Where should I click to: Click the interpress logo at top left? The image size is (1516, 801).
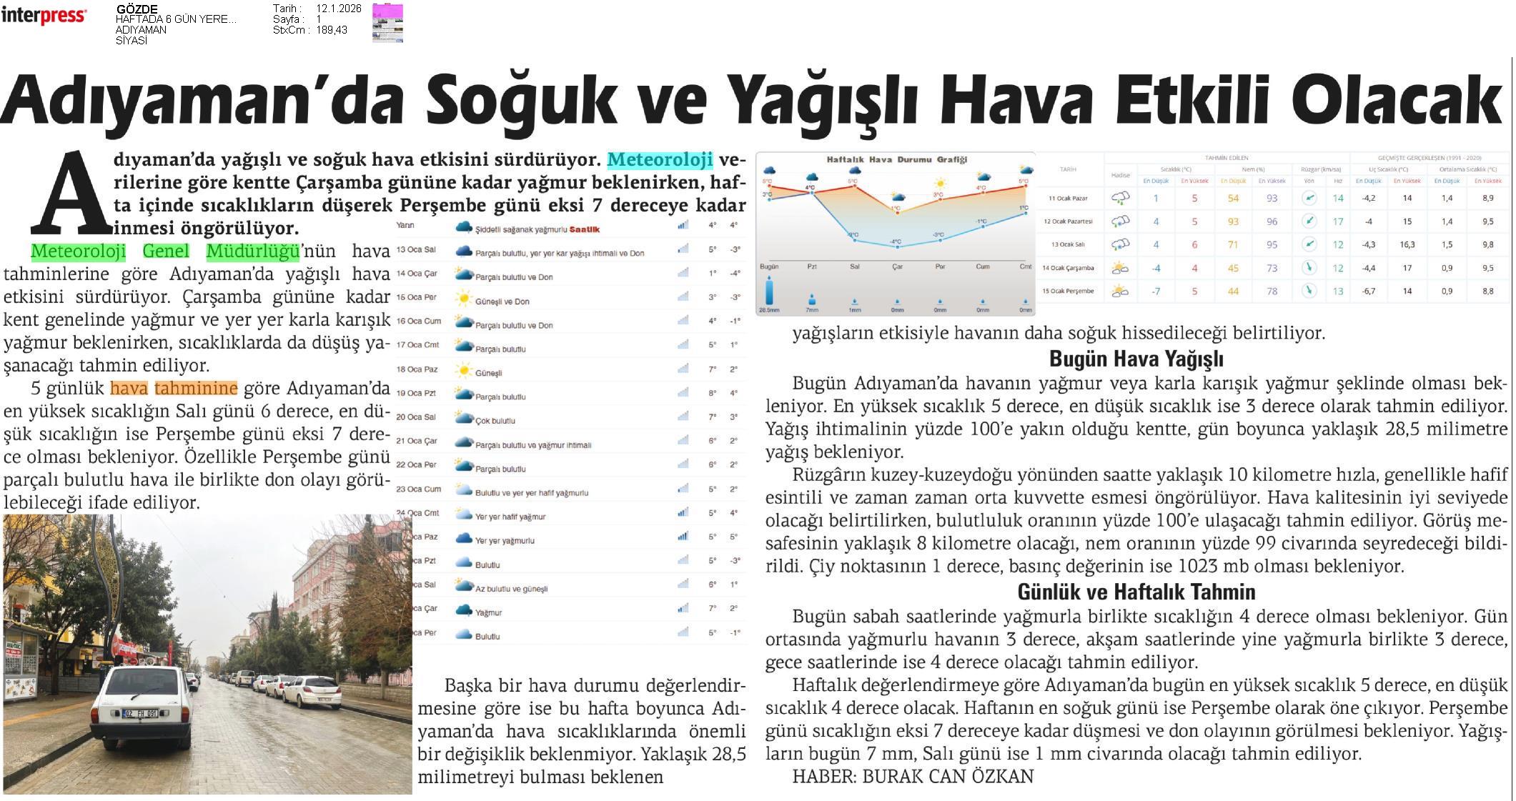44,16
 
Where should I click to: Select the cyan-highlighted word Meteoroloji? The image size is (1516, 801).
660,159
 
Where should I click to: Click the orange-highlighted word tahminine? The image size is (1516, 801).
196,389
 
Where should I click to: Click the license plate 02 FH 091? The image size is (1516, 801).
141,712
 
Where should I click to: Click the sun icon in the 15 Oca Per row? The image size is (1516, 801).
464,299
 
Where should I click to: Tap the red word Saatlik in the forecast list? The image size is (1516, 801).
584,229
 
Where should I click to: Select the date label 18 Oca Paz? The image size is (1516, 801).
416,369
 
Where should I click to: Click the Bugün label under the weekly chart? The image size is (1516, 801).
769,267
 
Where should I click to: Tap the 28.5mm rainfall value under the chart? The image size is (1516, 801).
769,310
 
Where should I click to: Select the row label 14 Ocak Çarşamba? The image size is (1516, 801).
1068,268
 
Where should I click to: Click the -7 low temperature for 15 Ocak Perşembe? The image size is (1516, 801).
1156,292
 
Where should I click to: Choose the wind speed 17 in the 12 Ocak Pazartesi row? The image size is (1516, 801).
1338,222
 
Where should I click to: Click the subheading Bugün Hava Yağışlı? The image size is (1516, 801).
1136,358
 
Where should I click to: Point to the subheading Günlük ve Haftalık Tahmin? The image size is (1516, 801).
1136,592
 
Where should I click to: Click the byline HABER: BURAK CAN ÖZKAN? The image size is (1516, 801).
913,777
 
